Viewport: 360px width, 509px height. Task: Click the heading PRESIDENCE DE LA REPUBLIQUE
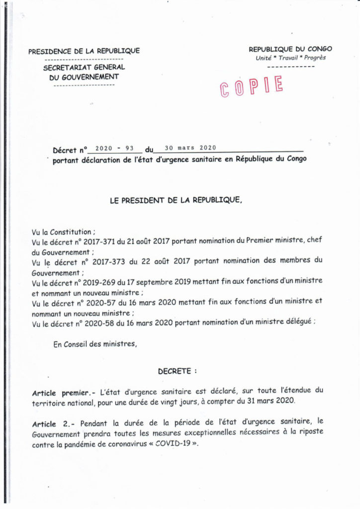click(x=84, y=51)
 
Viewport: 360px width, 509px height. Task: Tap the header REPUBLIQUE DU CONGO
click(x=290, y=49)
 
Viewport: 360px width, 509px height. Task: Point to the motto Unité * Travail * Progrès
click(x=290, y=58)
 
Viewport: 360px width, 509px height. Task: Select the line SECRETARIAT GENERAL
click(x=84, y=68)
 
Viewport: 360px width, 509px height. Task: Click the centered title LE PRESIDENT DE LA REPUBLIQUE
click(x=176, y=200)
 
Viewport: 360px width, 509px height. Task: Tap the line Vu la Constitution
click(x=61, y=232)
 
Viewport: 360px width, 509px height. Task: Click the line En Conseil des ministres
click(x=94, y=343)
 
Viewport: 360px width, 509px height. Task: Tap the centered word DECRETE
click(x=177, y=371)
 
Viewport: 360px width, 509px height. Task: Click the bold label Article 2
click(x=52, y=424)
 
